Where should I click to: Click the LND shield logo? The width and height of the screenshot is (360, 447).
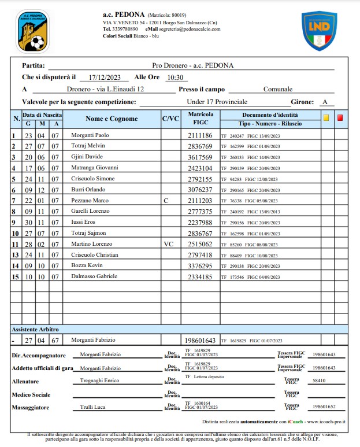point(320,30)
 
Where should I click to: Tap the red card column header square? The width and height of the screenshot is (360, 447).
point(340,118)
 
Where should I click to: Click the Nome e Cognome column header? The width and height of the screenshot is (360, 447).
point(112,119)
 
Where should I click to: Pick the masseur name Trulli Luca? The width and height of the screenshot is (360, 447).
point(92,407)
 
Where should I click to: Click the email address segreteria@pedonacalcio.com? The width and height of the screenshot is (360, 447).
point(183,28)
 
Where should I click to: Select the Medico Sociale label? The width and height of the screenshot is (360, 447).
point(31,395)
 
